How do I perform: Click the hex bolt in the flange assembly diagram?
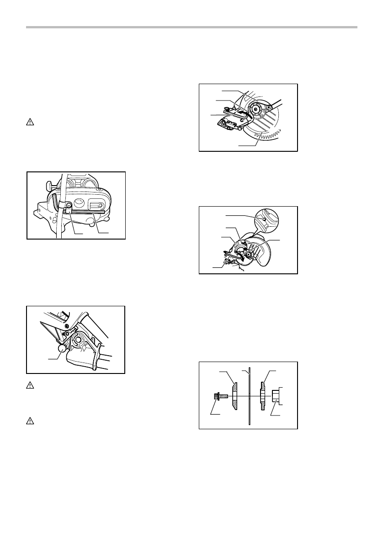(x=217, y=396)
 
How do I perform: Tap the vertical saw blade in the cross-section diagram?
(x=249, y=395)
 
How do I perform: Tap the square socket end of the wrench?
(x=270, y=107)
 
